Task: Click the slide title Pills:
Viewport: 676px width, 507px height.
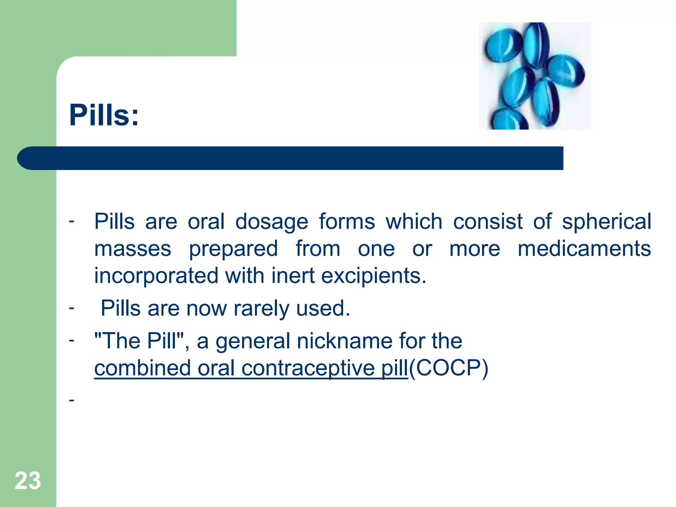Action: pyautogui.click(x=104, y=115)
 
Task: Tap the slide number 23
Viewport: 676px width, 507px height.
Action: pyautogui.click(x=28, y=481)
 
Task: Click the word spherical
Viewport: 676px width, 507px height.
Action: pyautogui.click(x=607, y=222)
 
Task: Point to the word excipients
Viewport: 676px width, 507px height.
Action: pyautogui.click(x=373, y=276)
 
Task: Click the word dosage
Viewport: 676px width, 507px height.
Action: pyautogui.click(x=272, y=222)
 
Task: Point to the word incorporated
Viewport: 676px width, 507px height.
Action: pyautogui.click(x=156, y=276)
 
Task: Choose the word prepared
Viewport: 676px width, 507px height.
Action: pyautogui.click(x=233, y=249)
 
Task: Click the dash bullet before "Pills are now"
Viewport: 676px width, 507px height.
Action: pyautogui.click(x=72, y=308)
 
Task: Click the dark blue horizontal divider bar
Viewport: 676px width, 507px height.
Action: pyautogui.click(x=290, y=158)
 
